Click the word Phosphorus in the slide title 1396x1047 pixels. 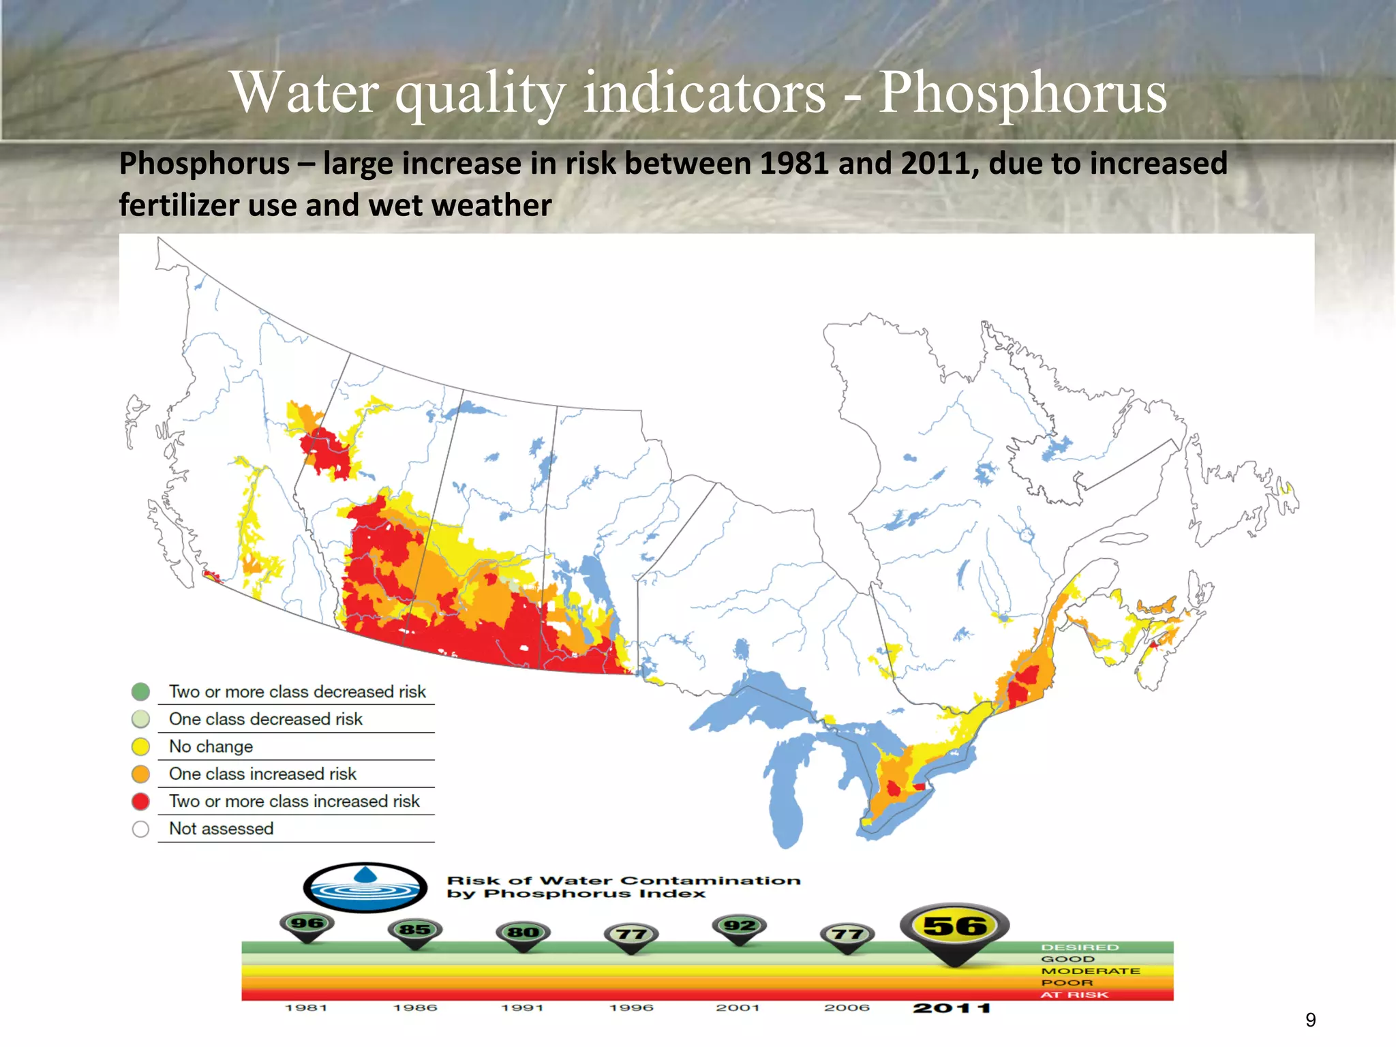click(1022, 93)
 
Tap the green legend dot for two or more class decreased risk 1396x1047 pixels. click(140, 692)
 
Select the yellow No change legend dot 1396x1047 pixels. click(140, 746)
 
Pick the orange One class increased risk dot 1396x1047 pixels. click(140, 774)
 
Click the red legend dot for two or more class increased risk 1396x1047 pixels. click(140, 802)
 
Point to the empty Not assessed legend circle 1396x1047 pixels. click(140, 829)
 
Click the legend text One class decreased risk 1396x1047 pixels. click(266, 719)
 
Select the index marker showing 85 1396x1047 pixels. click(414, 930)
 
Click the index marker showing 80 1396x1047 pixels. click(523, 932)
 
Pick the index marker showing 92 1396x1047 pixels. click(739, 926)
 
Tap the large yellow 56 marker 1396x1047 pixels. click(954, 926)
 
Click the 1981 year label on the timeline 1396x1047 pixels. click(306, 1007)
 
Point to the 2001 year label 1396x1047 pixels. click(738, 1007)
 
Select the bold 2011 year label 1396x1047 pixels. click(952, 1008)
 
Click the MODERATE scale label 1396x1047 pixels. click(1090, 971)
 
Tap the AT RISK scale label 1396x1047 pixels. click(1074, 995)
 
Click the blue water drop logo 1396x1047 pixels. click(365, 887)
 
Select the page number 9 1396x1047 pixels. click(1310, 1020)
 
